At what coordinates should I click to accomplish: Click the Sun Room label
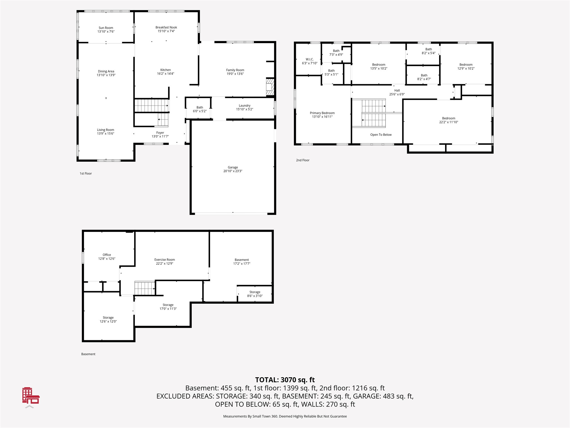[106, 28]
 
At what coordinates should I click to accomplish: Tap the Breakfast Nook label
[166, 27]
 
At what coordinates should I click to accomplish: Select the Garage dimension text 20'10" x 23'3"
[233, 171]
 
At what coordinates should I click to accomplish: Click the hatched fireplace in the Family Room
[270, 87]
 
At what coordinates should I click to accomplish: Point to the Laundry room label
[245, 106]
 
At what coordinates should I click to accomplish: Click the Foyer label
[160, 133]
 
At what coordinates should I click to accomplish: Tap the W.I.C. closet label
[309, 59]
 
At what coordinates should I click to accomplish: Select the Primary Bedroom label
[322, 113]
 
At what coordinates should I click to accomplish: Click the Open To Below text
[381, 135]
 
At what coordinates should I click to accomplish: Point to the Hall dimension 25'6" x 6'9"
[397, 94]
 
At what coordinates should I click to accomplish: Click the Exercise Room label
[164, 260]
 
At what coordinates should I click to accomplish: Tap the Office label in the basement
[107, 255]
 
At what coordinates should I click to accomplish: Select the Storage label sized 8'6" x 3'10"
[255, 292]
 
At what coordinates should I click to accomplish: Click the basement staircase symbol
[145, 288]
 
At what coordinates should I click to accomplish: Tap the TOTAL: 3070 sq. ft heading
[285, 380]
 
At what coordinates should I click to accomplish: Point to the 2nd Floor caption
[303, 160]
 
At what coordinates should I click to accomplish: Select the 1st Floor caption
[86, 174]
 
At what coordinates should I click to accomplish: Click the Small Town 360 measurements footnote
[285, 416]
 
